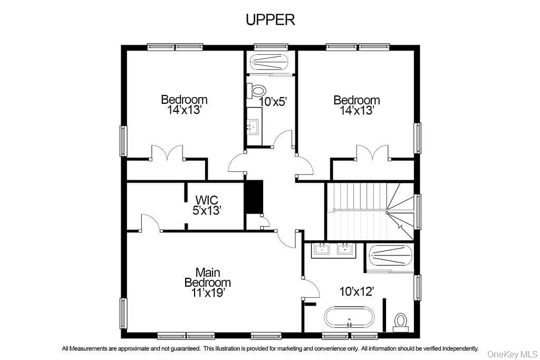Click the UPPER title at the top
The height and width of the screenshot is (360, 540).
[271, 20]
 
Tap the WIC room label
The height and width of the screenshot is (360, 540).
[206, 200]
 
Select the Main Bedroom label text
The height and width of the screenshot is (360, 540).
[207, 277]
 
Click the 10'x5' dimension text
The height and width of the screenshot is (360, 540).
[273, 102]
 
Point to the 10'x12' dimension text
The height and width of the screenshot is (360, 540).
[356, 291]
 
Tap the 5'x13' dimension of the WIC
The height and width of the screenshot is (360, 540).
[206, 210]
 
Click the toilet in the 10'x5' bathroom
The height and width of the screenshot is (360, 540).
[257, 91]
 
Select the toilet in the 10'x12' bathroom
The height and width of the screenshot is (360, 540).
[401, 323]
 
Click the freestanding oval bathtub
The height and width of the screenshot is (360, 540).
[349, 317]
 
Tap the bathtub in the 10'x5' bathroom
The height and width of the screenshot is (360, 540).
[270, 63]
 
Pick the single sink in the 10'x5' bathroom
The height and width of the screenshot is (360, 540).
[254, 127]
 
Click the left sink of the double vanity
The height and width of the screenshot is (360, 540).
[322, 248]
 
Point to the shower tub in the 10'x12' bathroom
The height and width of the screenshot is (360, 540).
[391, 256]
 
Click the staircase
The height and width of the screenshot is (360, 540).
[370, 211]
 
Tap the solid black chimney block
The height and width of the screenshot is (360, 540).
[254, 197]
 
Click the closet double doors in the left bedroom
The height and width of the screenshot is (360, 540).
[167, 153]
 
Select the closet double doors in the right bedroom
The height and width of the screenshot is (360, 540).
[372, 153]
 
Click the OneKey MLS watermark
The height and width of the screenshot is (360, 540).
[513, 354]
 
